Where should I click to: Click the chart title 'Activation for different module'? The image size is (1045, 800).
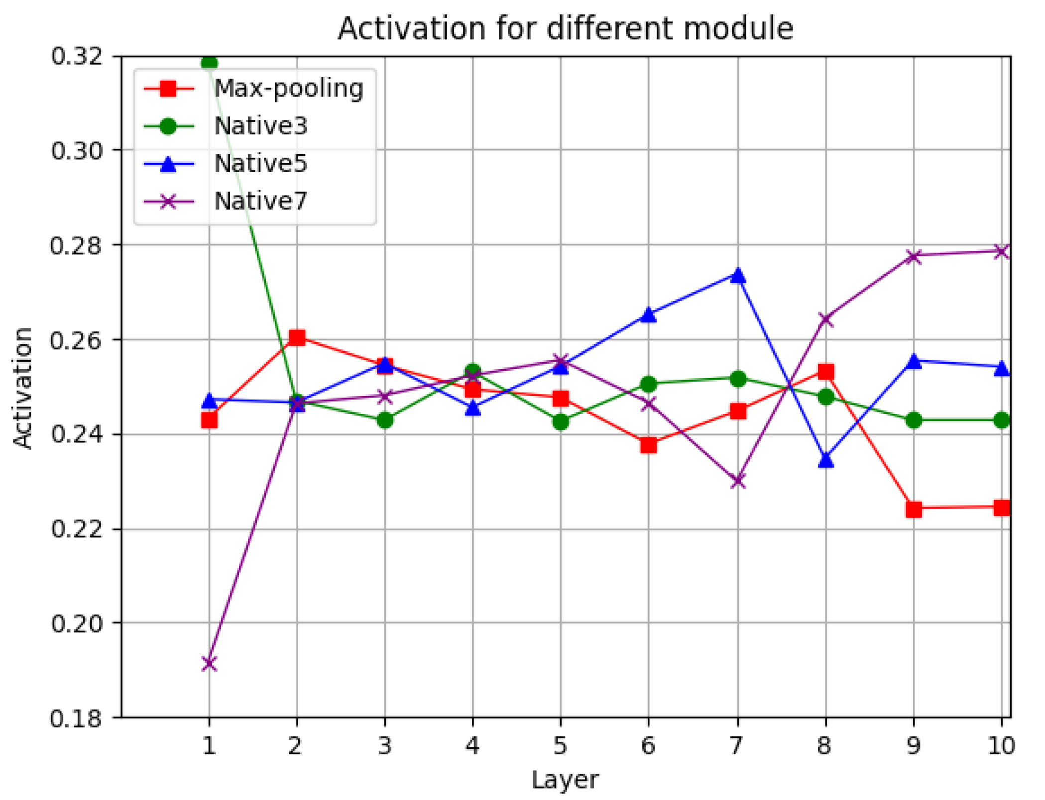[x=565, y=28]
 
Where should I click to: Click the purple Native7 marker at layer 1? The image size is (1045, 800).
[x=209, y=663]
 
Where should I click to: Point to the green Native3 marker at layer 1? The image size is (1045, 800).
[x=209, y=63]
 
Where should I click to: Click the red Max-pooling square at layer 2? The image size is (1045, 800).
[x=297, y=338]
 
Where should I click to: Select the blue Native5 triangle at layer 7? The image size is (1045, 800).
[x=738, y=275]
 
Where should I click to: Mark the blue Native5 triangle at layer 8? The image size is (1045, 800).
[x=826, y=460]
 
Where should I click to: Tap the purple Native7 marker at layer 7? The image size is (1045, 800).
[x=738, y=481]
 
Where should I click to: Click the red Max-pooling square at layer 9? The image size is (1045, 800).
[x=914, y=509]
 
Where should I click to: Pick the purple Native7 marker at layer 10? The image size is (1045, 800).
[x=1001, y=251]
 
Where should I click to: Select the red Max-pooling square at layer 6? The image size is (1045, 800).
[x=648, y=445]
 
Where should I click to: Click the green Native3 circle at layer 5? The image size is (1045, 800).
[x=561, y=421]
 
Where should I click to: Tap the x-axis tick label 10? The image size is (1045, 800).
[x=1001, y=746]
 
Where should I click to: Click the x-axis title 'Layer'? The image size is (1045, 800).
[x=565, y=780]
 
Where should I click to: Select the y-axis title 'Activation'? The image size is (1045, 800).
[x=22, y=388]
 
